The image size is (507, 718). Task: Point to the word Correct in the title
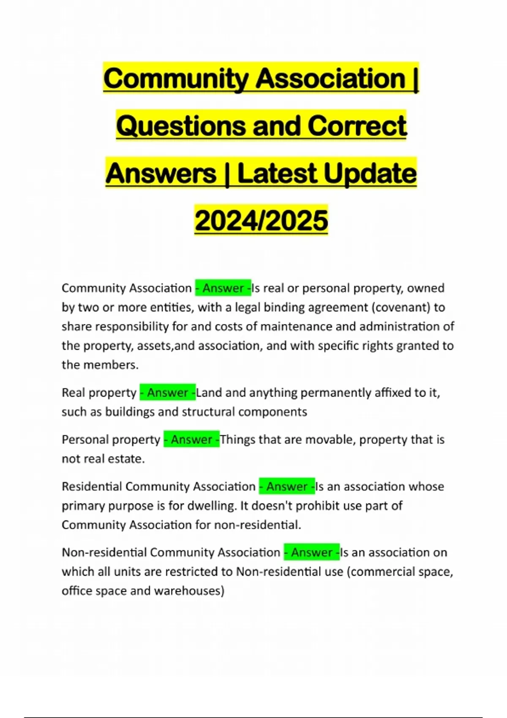357,126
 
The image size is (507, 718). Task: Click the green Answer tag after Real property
168,393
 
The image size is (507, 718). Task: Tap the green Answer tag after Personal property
191,440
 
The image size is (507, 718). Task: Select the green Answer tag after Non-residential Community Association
312,552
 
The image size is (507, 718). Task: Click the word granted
416,346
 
